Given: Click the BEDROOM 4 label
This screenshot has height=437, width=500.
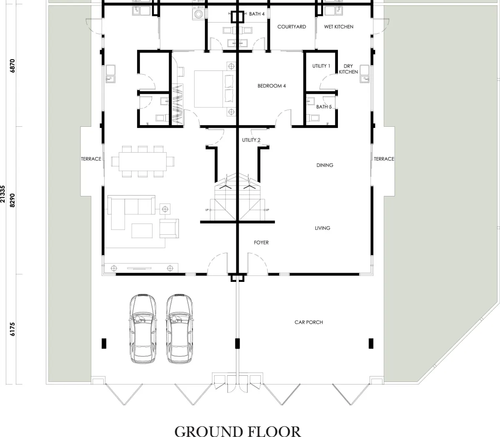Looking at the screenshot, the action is (x=272, y=86).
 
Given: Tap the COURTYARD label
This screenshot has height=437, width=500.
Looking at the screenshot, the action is (x=292, y=27).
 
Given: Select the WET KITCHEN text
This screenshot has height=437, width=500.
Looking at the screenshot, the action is (x=339, y=27).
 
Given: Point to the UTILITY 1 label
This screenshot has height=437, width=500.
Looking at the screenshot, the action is (x=321, y=66).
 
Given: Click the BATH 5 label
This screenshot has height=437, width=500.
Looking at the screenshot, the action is (x=324, y=107).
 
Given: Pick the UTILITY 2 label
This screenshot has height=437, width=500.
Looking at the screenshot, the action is (x=251, y=140).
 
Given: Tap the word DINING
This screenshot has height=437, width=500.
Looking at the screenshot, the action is (x=325, y=165).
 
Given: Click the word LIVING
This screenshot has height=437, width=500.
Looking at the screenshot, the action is (x=322, y=228).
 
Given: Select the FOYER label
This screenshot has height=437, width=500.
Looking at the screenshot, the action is (x=261, y=243).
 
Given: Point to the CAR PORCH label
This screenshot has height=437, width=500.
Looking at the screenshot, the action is (x=309, y=322).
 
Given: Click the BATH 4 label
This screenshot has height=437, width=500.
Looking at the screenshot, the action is (x=257, y=14).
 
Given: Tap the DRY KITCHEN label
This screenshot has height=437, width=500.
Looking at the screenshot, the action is (x=348, y=69).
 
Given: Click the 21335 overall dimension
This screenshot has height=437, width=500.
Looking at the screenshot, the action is (x=2, y=194).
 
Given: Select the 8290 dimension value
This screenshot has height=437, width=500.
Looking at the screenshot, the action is (x=12, y=201).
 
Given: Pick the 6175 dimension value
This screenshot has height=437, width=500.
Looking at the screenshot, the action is (x=12, y=329).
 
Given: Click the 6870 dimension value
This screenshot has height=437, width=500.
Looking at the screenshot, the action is (x=12, y=66).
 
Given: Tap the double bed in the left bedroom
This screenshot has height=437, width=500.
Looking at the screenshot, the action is (x=214, y=89).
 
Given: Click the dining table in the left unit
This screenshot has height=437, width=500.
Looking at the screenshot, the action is (x=143, y=162).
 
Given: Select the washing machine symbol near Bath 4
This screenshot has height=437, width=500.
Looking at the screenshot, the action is (x=198, y=14).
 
